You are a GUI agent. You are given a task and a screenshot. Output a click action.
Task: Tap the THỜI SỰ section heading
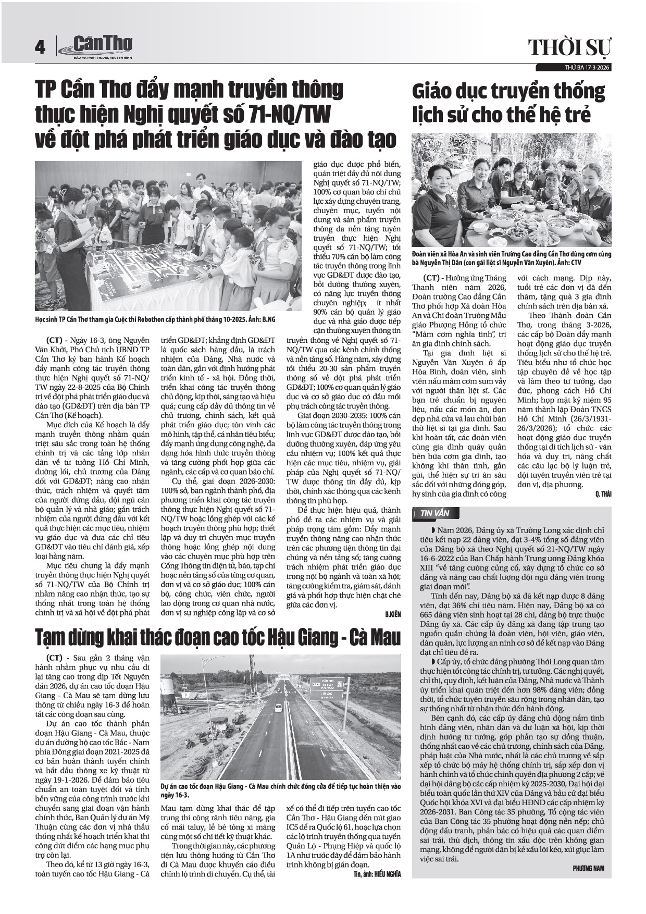point(570,48)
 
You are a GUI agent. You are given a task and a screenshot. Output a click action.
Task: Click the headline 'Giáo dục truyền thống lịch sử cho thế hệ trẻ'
point(508,103)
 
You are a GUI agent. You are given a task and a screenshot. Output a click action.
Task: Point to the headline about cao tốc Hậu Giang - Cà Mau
point(218,637)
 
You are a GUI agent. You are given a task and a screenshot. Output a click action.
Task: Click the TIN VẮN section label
point(434,513)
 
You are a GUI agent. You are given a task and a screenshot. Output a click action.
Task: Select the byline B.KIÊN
point(393,615)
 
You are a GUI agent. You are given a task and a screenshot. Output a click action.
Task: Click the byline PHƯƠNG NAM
point(588,868)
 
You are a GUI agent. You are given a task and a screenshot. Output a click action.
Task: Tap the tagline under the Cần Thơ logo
point(103,56)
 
